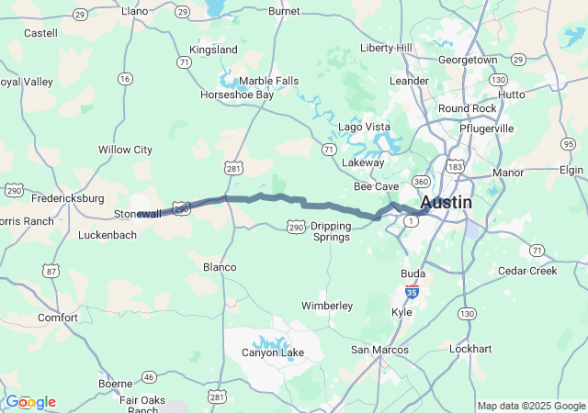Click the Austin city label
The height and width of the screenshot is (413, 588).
tap(447, 203)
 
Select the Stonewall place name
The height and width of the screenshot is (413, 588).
tap(137, 214)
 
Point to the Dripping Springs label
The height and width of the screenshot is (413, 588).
tap(330, 231)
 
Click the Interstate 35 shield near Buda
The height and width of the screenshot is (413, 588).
tap(413, 292)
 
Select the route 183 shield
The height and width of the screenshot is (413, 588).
tap(455, 165)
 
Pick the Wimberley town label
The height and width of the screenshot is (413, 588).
tap(327, 305)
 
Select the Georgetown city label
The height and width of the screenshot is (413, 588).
tap(467, 59)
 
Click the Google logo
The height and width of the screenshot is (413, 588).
tap(31, 402)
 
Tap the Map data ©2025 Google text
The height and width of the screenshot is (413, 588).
tap(531, 406)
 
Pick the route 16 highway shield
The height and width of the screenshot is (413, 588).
tap(124, 79)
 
